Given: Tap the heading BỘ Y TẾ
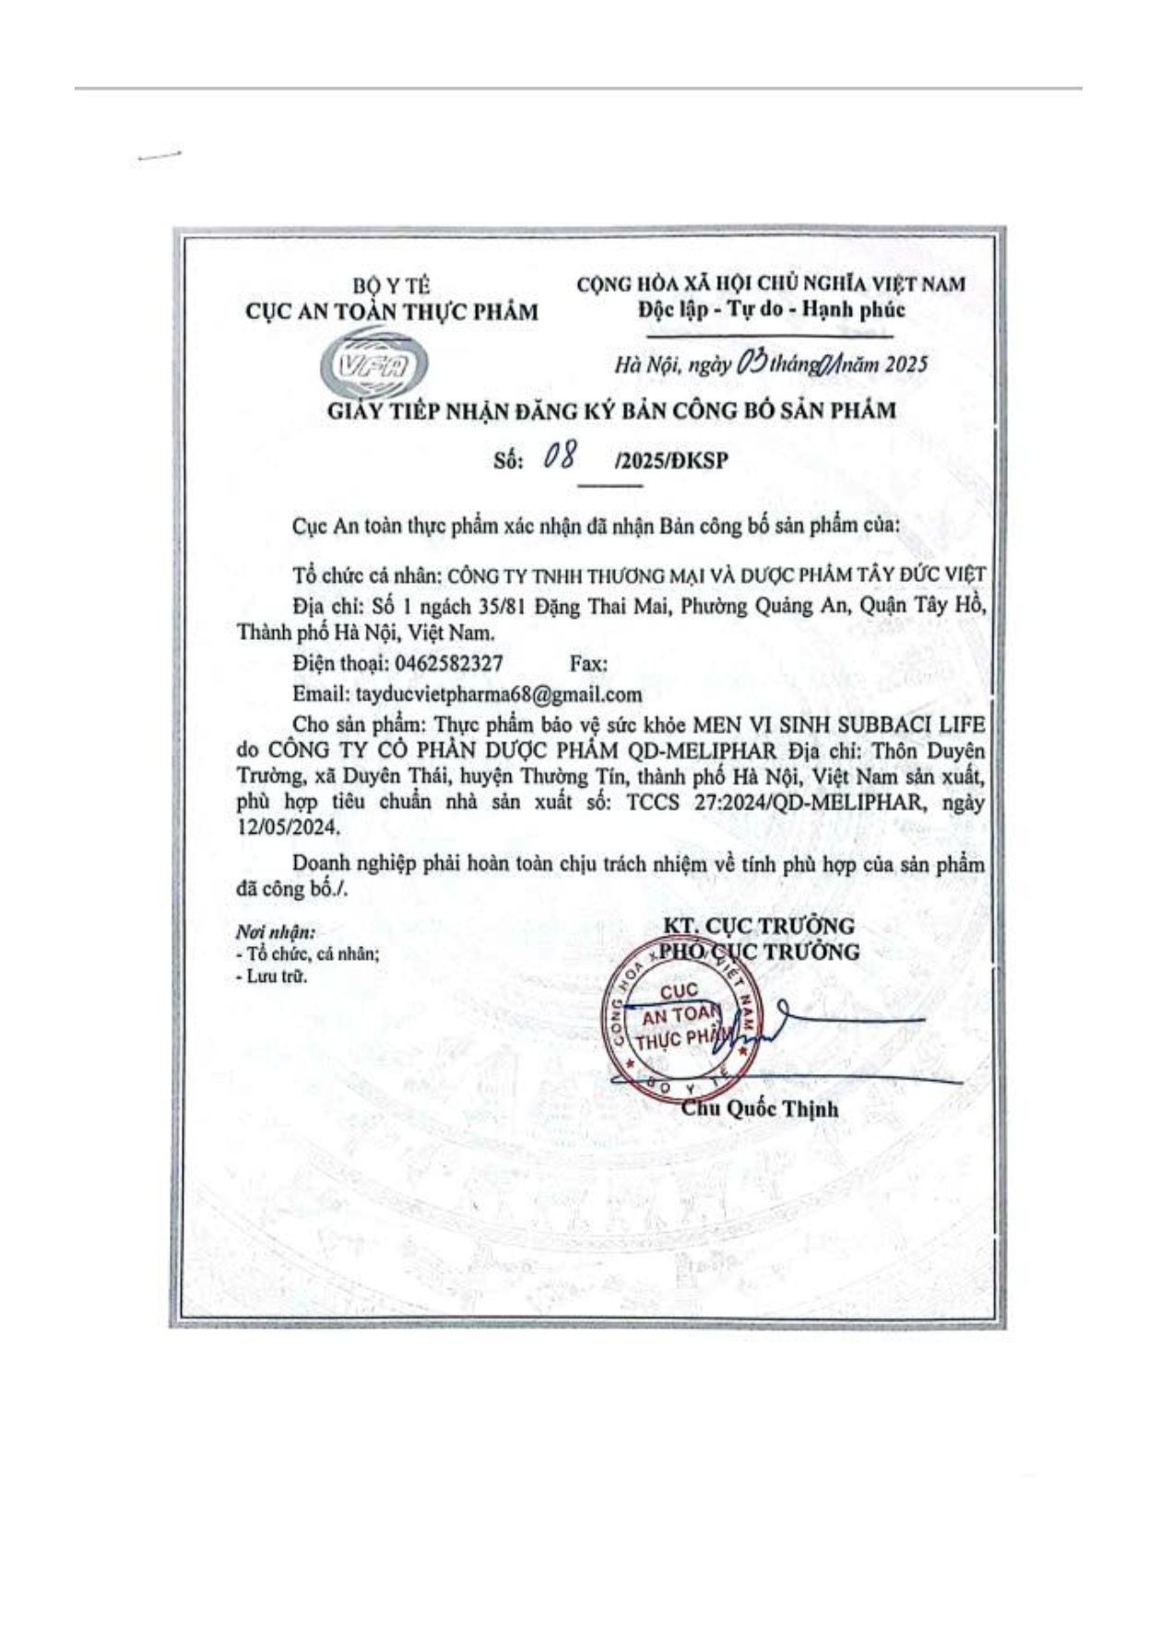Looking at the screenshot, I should click(x=392, y=287).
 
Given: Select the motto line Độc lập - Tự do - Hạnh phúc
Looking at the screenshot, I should click(x=771, y=309).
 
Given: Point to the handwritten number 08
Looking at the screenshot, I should click(x=560, y=456).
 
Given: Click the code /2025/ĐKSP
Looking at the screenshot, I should click(x=670, y=460).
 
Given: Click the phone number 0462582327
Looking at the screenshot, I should click(x=448, y=663).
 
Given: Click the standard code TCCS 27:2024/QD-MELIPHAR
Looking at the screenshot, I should click(x=774, y=801).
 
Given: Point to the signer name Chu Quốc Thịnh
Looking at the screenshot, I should click(x=760, y=1108).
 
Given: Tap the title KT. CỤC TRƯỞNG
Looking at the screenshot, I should click(x=758, y=925).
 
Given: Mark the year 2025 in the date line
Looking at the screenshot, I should click(x=906, y=364).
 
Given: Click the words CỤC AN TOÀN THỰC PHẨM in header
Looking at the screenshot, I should click(x=391, y=312).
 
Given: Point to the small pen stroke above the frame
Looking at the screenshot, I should click(x=158, y=156).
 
